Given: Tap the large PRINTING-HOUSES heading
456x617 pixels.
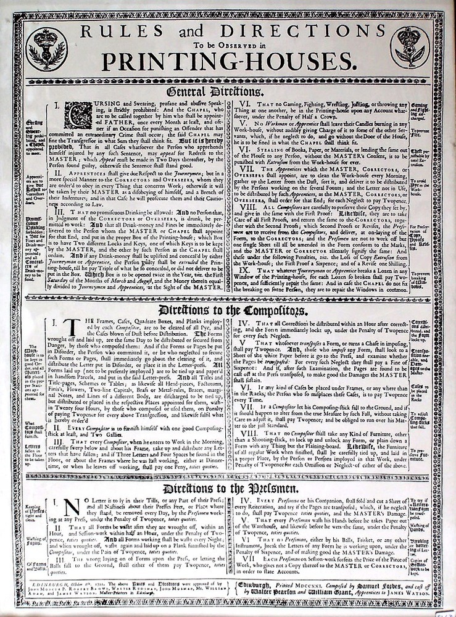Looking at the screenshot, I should pos(228,61).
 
